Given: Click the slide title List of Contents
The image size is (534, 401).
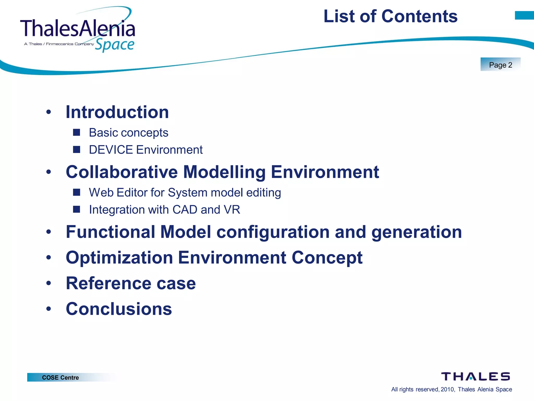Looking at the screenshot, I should [x=390, y=16].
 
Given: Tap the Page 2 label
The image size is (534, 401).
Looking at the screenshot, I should [x=500, y=65].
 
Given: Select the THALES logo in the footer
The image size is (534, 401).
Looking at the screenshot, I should [x=475, y=376].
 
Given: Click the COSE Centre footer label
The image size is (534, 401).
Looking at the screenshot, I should [x=60, y=378].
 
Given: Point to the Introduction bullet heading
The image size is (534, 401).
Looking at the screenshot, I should [x=117, y=112].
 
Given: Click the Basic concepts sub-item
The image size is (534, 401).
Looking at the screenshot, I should [x=129, y=133].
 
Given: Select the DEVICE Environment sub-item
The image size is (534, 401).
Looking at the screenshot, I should [x=145, y=150].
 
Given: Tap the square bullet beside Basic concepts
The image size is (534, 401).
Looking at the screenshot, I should [x=76, y=132].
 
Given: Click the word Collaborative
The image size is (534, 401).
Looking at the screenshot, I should [x=122, y=172].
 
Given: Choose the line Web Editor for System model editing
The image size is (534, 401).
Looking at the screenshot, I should [x=185, y=193].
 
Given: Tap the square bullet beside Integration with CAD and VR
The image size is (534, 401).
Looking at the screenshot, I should [x=76, y=209].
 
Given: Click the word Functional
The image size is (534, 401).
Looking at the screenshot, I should [x=111, y=232].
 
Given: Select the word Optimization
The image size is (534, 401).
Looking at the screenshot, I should [x=119, y=258].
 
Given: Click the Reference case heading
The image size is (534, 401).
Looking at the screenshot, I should [x=131, y=283].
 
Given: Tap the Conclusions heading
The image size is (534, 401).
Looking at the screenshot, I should [x=119, y=309].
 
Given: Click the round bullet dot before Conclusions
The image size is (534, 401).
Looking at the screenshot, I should [x=48, y=309].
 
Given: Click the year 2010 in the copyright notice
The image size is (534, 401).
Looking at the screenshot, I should [x=447, y=389].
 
